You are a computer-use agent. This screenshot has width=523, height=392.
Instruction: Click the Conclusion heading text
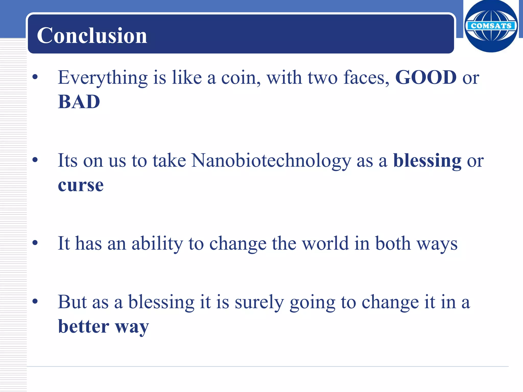point(92,35)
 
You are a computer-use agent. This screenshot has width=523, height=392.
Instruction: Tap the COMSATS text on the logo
point(491,26)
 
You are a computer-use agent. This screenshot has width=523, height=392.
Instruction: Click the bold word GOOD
point(426,77)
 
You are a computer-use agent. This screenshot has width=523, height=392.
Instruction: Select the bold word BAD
point(79,102)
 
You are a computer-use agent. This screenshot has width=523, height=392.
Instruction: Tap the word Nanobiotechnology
point(271,161)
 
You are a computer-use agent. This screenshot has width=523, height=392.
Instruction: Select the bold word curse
point(81,185)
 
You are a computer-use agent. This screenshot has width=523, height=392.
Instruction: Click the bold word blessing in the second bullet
point(427,161)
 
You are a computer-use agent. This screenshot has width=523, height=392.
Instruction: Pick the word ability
point(157,244)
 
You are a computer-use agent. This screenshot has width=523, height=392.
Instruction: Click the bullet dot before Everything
point(35,77)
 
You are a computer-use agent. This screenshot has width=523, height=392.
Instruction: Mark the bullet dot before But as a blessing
point(35,301)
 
